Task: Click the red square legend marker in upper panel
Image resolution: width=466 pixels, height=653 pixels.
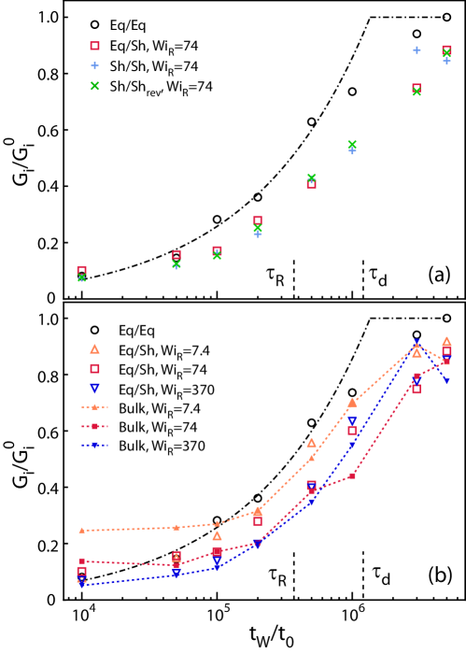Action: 94,46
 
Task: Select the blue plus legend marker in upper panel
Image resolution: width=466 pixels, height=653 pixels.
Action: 94,65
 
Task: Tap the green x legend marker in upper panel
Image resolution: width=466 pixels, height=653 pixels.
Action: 94,86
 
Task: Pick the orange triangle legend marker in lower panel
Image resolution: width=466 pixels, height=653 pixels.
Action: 94,348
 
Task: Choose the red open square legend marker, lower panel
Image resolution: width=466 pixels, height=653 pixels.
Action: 94,368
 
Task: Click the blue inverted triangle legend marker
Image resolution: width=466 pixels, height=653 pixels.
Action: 94,388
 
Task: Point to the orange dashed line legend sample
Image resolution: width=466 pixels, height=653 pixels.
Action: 94,407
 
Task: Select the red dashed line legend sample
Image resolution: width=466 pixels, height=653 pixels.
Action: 94,426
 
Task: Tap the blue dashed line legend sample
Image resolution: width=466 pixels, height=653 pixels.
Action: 94,446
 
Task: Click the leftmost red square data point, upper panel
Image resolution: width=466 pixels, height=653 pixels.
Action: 81,270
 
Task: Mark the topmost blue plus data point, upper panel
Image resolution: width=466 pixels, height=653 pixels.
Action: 417,50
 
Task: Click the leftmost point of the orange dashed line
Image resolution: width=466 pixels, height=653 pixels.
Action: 81,530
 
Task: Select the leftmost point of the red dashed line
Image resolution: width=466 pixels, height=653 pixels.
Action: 81,561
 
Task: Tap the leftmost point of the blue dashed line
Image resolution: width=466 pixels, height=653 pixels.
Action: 81,585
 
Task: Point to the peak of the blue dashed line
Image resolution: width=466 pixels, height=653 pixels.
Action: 417,342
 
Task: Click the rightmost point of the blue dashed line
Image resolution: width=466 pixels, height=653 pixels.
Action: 446,381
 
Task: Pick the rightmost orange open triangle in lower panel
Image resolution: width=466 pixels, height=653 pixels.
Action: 446,341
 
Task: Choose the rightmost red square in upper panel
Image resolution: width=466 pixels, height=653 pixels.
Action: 446,50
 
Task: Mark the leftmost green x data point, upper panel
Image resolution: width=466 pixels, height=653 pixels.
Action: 81,277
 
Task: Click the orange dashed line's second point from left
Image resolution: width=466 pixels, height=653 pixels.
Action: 176,527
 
